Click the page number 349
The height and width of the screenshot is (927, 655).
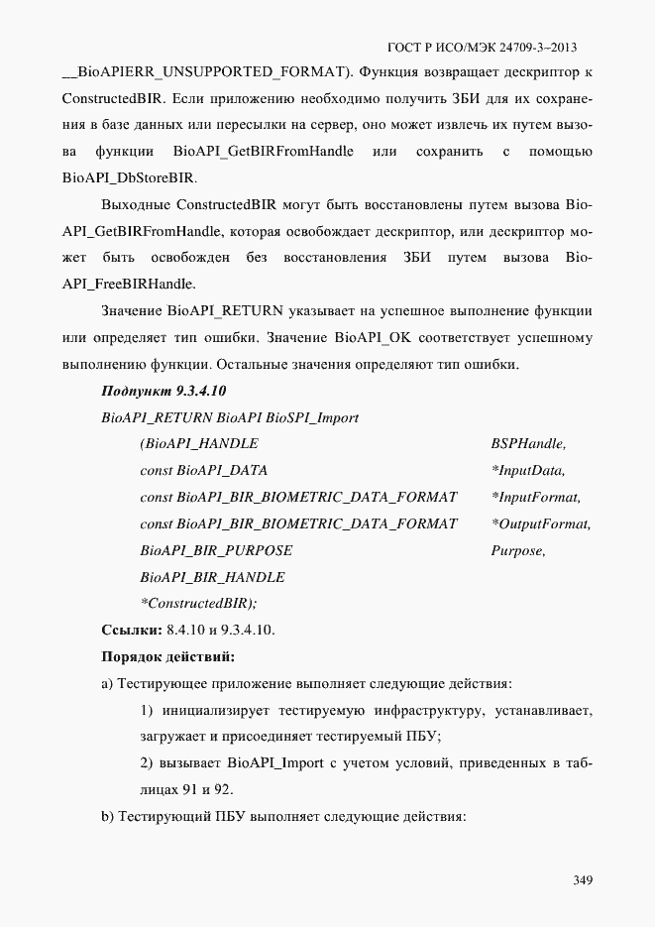582,880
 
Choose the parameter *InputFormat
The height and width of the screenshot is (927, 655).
536,497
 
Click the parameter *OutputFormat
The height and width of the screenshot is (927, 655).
541,523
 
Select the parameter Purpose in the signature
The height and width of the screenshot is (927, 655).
518,550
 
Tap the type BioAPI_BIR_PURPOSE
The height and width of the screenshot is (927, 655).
216,550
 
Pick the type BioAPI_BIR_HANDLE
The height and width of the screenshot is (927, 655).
212,577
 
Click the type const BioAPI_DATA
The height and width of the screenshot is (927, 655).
203,470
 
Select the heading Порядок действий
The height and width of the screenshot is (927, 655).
167,656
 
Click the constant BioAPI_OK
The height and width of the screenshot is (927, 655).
373,338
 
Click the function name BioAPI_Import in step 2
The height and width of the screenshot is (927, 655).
273,763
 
